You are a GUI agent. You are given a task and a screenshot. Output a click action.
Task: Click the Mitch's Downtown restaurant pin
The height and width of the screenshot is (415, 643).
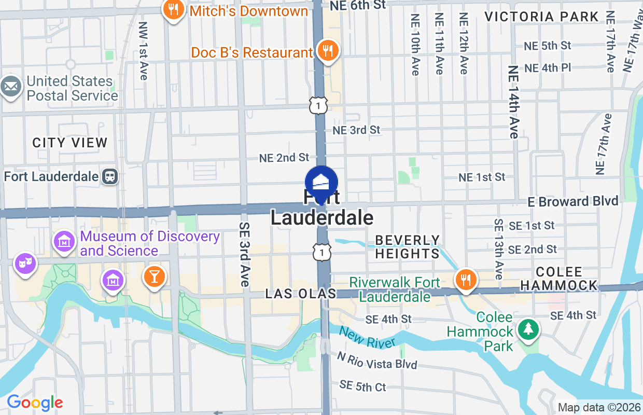tap(173, 10)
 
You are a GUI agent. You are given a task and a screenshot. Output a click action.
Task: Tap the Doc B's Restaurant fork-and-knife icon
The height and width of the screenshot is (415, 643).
tap(328, 51)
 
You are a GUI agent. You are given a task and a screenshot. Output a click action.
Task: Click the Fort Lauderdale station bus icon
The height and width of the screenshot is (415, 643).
tap(110, 176)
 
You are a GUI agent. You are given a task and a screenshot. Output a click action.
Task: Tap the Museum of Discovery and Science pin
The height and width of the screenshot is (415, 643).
tap(64, 241)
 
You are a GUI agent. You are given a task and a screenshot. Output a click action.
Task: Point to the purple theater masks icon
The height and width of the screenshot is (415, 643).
tap(24, 263)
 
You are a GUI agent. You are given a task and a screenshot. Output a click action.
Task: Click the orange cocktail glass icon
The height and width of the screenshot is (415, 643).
tap(154, 275)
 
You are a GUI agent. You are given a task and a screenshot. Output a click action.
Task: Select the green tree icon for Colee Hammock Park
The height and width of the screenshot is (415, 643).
tap(528, 329)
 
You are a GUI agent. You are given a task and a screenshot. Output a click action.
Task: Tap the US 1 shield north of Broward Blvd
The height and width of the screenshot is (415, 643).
tap(318, 106)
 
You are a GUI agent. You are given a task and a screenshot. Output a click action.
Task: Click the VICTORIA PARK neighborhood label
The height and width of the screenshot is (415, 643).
tap(542, 17)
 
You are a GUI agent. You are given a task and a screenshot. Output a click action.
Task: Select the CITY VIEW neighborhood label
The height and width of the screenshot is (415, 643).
tap(70, 143)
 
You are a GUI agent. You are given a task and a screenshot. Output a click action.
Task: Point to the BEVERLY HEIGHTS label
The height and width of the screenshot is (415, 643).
tap(408, 247)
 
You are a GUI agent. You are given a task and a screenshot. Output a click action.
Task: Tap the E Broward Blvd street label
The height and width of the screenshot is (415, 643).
tap(573, 201)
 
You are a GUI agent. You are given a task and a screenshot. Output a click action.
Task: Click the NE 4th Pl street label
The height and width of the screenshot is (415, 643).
tap(548, 68)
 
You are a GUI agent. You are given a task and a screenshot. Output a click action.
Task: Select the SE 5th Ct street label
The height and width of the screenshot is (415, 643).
tap(363, 386)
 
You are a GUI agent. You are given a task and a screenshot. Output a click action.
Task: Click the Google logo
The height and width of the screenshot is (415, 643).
tap(35, 402)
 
